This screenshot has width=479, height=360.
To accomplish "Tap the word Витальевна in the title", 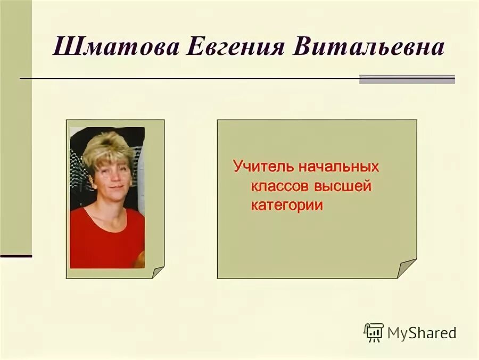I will [368, 47].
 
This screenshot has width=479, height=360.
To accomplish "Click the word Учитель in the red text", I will [263, 166].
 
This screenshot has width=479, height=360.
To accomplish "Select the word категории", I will [287, 206].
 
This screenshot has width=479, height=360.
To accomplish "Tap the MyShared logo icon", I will [374, 332].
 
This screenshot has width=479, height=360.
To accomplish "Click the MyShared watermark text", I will [422, 333].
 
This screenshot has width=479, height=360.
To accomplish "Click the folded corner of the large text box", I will [407, 268].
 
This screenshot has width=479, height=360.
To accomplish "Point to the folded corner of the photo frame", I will [158, 272].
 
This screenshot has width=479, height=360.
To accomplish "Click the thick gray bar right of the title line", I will [407, 79].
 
